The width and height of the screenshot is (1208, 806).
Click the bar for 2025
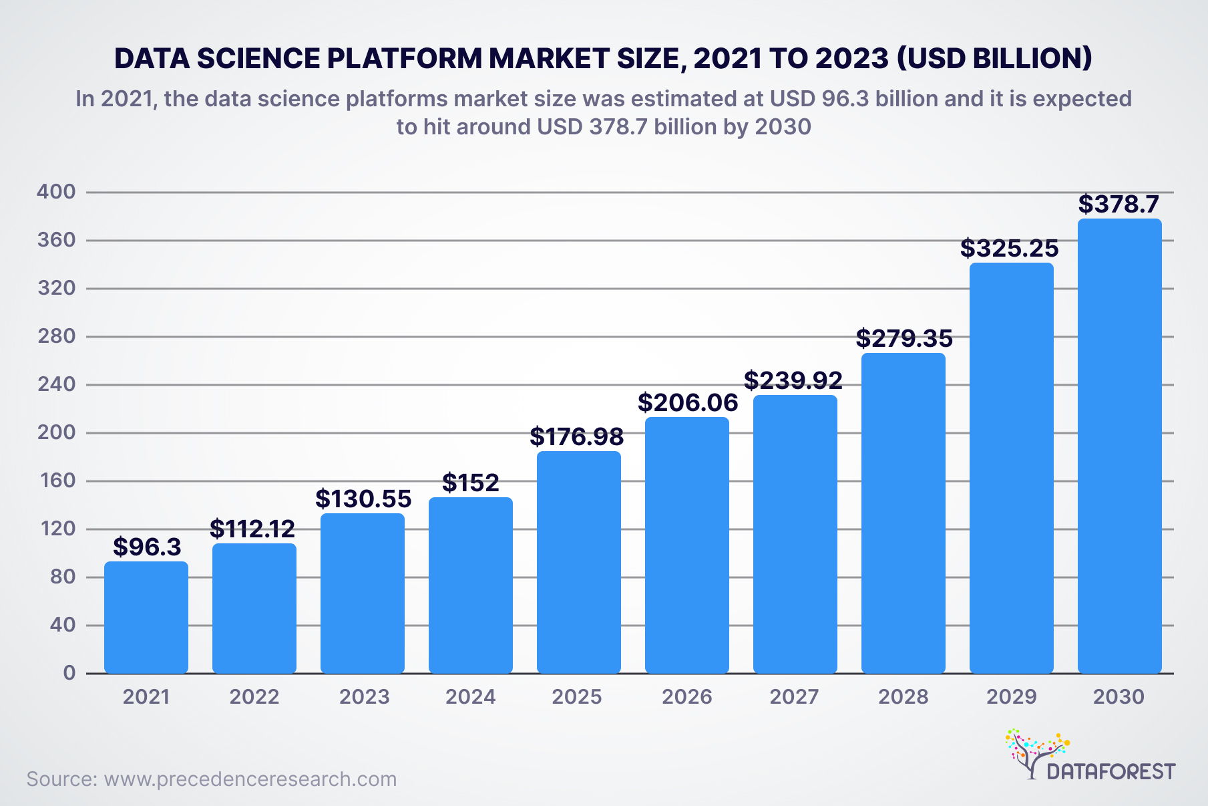tap(578, 562)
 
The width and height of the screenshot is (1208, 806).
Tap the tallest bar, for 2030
tap(1119, 446)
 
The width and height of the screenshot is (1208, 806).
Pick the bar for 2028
tap(903, 513)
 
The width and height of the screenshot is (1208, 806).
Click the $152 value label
tap(470, 483)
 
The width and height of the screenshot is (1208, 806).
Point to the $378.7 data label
tap(1119, 204)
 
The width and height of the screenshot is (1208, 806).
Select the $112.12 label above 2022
tap(252, 529)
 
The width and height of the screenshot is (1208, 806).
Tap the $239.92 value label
tap(793, 380)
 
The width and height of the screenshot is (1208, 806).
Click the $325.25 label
tap(1009, 248)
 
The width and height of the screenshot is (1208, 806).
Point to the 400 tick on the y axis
tap(57, 192)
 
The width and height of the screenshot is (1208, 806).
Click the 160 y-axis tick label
tap(57, 481)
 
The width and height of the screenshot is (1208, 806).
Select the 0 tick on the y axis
tap(69, 673)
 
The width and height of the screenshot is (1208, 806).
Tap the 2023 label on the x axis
tap(364, 697)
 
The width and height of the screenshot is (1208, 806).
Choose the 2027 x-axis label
tap(794, 697)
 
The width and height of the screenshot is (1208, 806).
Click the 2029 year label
tap(1011, 697)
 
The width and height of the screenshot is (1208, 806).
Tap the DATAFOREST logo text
tap(1111, 772)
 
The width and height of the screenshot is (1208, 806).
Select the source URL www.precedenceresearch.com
tap(250, 779)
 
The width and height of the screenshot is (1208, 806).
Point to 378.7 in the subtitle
tap(618, 127)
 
